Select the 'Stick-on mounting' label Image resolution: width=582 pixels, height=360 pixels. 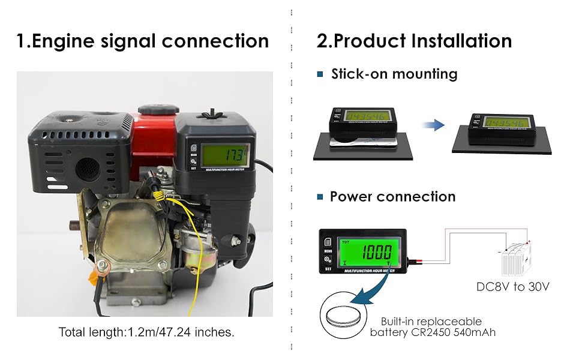tap(394, 74)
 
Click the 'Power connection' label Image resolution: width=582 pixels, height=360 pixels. tap(392, 197)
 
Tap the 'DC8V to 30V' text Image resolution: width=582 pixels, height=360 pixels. tap(513, 287)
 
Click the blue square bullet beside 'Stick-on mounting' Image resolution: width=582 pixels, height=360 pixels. tap(320, 74)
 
